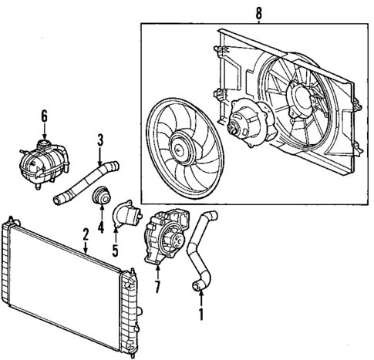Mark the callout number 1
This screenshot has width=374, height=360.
click(x=201, y=315)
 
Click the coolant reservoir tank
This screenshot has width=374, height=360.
click(x=39, y=163)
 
